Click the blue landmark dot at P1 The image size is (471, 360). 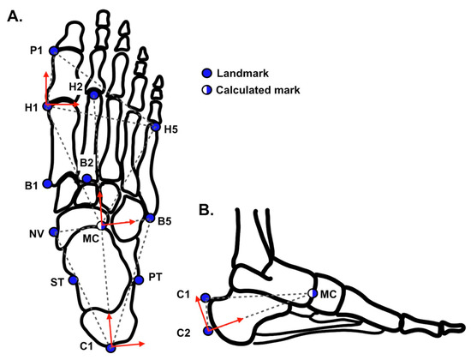53,51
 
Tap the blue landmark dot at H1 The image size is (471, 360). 47,104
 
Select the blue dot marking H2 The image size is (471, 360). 93,93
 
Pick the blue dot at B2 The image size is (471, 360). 86,179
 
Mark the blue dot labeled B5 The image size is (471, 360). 150,219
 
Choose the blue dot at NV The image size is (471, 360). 53,232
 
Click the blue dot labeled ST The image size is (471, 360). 73,279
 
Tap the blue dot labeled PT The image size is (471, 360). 138,279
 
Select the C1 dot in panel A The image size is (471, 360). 110,347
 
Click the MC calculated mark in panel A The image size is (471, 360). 103,225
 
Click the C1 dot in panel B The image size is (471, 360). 206,297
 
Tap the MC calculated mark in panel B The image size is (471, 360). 313,295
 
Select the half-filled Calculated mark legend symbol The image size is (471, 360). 206,89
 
